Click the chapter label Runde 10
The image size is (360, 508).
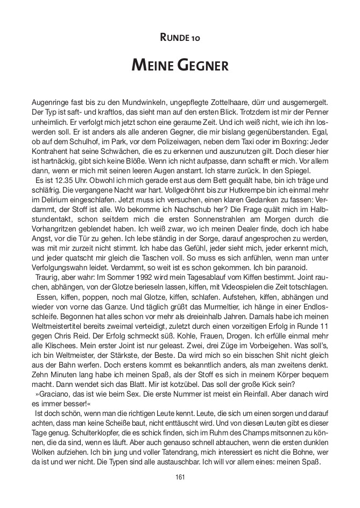click(x=180, y=38)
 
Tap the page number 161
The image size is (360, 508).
click(x=180, y=477)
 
